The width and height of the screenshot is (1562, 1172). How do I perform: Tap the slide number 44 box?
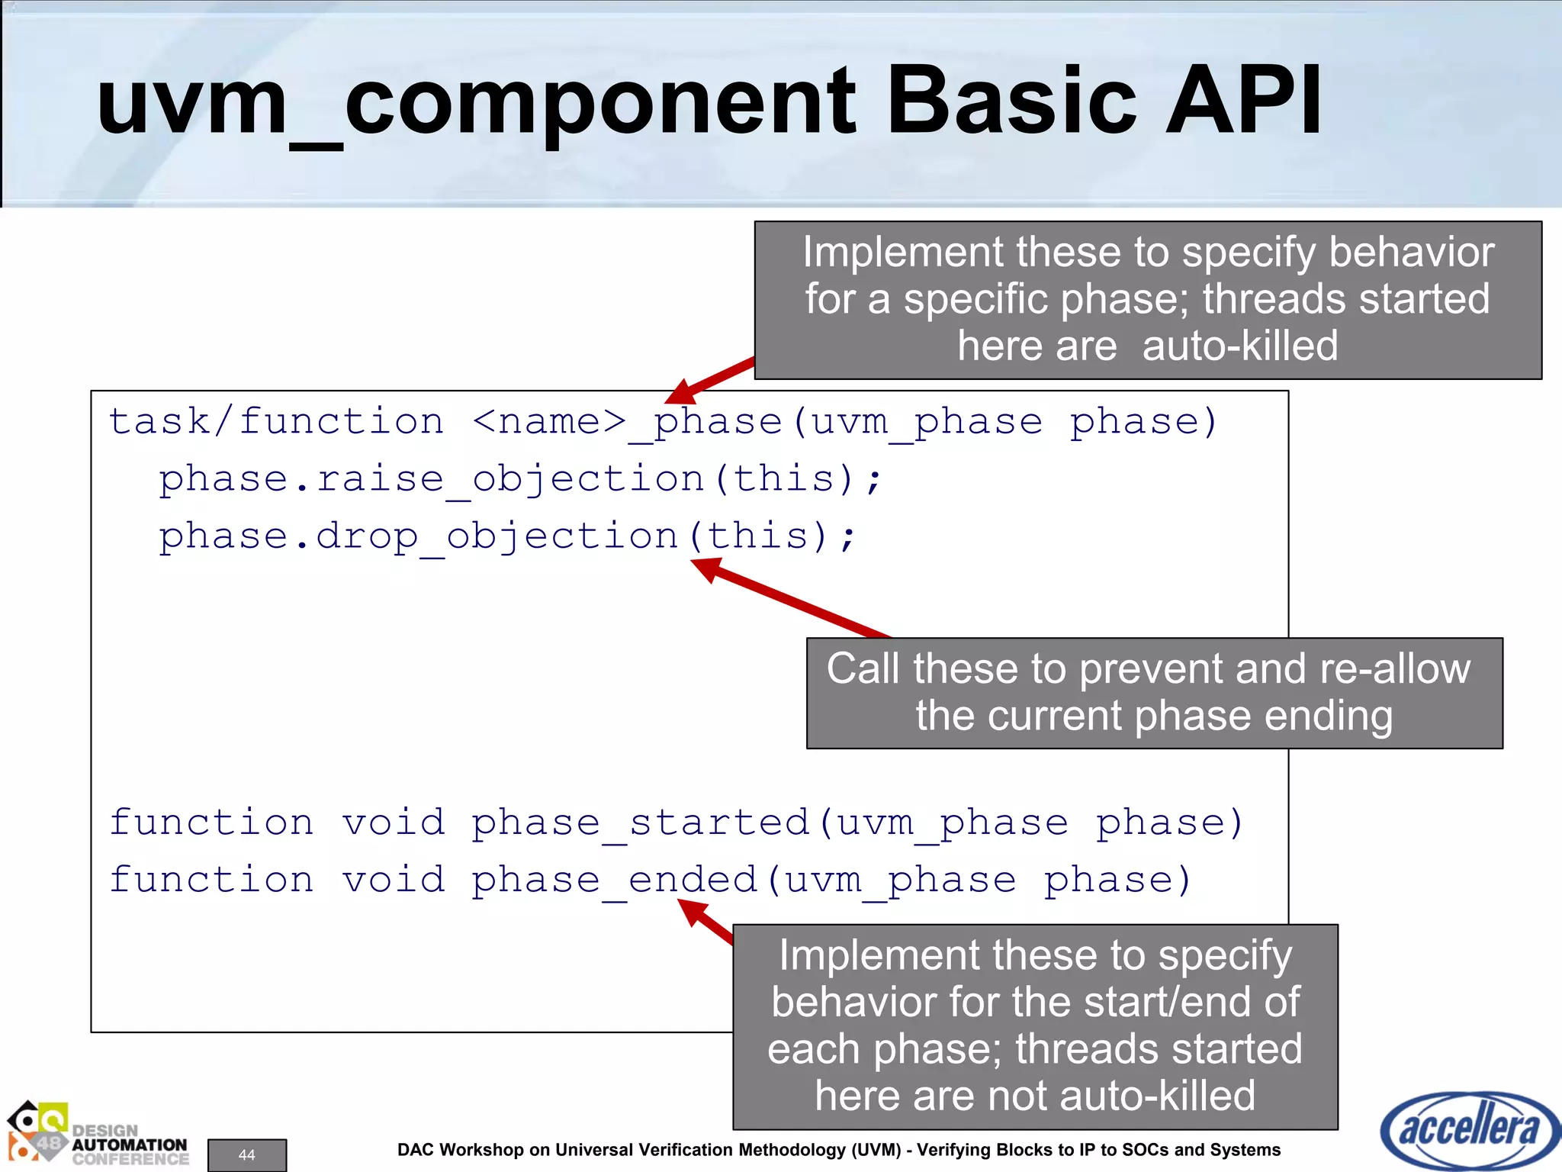pos(247,1154)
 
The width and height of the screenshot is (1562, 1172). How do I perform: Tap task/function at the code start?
pos(276,422)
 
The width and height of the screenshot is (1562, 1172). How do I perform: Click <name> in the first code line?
pos(549,422)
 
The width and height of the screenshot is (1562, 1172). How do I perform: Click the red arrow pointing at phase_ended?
pos(705,922)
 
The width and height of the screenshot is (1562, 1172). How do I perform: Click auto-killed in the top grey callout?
pos(1239,346)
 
